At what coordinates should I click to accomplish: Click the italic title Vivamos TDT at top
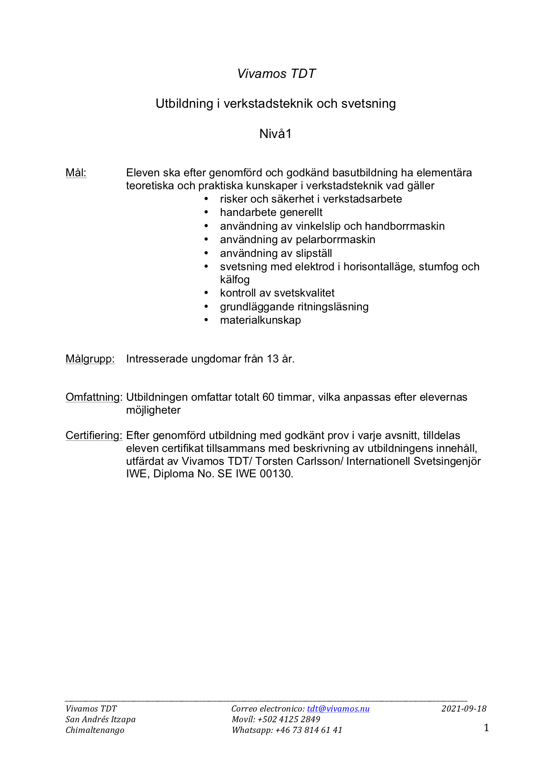(x=276, y=74)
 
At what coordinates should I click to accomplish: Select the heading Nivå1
(x=275, y=134)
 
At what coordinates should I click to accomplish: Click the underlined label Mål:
(x=76, y=173)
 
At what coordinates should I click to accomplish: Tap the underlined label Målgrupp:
(x=90, y=359)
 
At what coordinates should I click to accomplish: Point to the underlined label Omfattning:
(x=94, y=397)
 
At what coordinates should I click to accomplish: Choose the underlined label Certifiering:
(x=94, y=435)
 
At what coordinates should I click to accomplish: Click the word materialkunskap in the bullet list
(x=260, y=320)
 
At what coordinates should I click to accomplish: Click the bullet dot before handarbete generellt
(x=206, y=213)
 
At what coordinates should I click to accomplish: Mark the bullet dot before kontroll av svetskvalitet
(x=206, y=293)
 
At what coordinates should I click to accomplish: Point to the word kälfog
(x=234, y=280)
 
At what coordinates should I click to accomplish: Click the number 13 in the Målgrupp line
(x=273, y=359)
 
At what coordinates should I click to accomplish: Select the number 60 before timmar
(x=268, y=397)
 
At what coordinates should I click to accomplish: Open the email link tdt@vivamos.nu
(x=338, y=709)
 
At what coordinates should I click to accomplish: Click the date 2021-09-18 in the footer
(x=464, y=709)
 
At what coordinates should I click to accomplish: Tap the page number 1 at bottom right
(x=486, y=728)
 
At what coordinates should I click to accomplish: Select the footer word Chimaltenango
(x=95, y=730)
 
